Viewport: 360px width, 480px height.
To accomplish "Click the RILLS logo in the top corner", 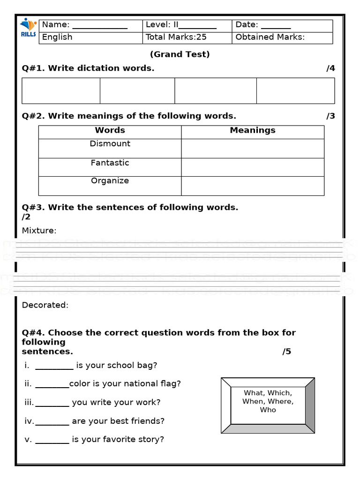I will pyautogui.click(x=28, y=29).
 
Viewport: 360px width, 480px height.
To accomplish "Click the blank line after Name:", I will pyautogui.click(x=99, y=27).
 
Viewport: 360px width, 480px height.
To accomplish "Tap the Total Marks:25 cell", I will pyautogui.click(x=176, y=37).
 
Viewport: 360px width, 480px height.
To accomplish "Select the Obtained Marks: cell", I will pyautogui.click(x=270, y=37).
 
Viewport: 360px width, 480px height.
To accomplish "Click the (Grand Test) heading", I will pyautogui.click(x=180, y=54).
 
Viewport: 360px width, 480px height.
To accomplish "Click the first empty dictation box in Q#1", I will pyautogui.click(x=61, y=90).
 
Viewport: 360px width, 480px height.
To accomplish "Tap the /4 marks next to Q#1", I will pyautogui.click(x=330, y=68).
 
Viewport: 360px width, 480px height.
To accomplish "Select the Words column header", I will pyautogui.click(x=110, y=130).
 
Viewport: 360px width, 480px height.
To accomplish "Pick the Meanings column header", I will pyautogui.click(x=252, y=130).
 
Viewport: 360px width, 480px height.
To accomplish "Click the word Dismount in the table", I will pyautogui.click(x=110, y=144).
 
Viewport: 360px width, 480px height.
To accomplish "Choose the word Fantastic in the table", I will pyautogui.click(x=110, y=163).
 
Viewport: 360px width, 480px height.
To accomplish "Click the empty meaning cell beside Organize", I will pyautogui.click(x=252, y=186).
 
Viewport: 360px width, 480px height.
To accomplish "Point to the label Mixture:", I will pyautogui.click(x=39, y=231).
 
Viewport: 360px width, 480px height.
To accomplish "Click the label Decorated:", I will pyautogui.click(x=45, y=305).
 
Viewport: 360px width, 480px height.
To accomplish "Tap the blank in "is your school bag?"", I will pyautogui.click(x=54, y=366).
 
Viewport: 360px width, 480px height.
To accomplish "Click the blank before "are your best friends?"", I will pyautogui.click(x=52, y=421).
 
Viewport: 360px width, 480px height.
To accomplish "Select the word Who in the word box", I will pyautogui.click(x=268, y=410).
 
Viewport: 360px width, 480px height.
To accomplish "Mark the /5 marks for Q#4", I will pyautogui.click(x=286, y=352).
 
